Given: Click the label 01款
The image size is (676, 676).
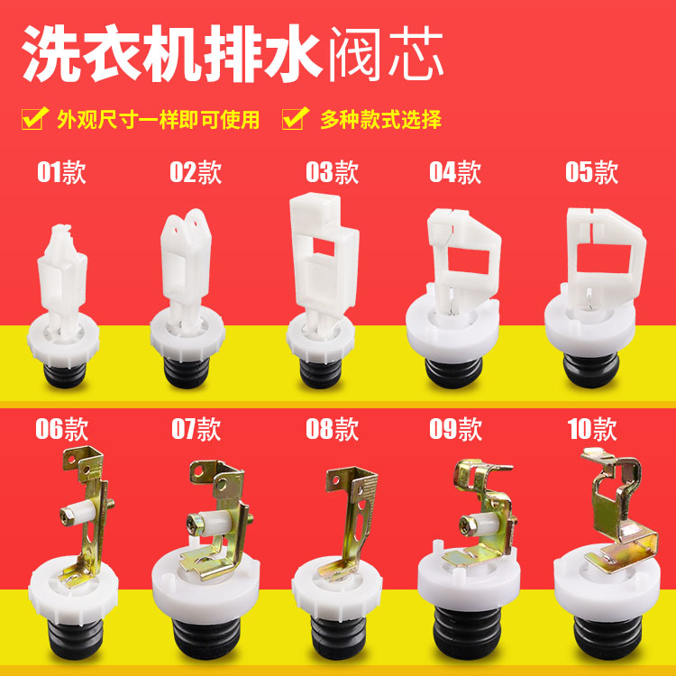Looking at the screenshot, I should tap(61, 172).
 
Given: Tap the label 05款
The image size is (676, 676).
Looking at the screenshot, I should tap(591, 172).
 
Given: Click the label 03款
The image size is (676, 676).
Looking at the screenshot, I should tap(332, 172).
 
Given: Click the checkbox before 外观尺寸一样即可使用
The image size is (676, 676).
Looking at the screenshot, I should tap(34, 119).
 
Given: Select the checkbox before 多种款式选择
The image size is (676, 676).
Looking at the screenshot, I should tap(294, 119).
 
